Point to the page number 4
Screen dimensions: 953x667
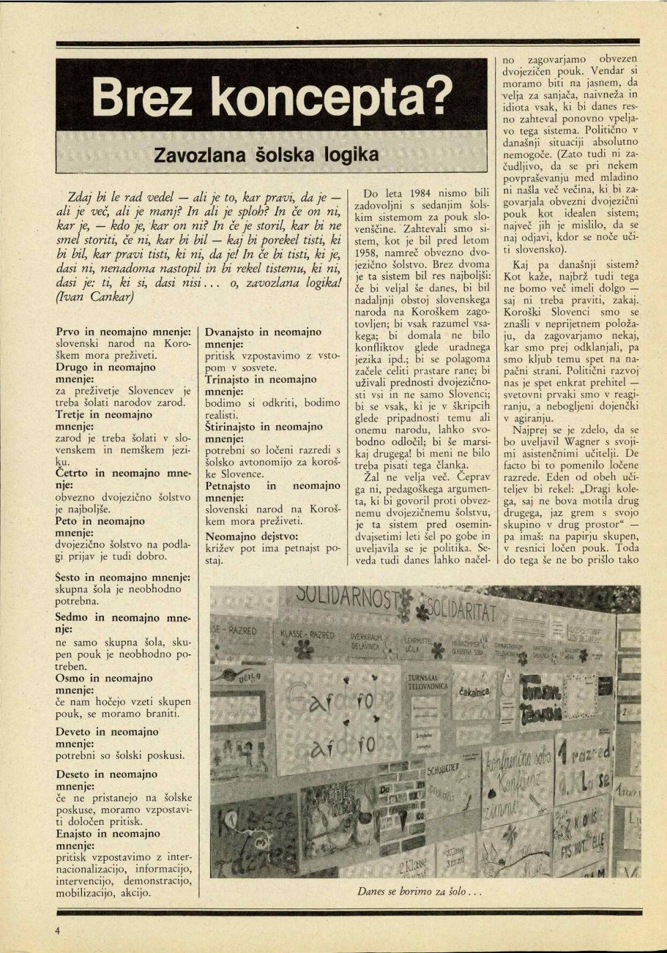[x=59, y=930]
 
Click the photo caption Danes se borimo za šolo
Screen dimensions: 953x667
[x=419, y=890]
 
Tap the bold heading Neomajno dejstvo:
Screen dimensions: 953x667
[x=251, y=536]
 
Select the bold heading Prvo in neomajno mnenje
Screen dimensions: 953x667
[x=123, y=331]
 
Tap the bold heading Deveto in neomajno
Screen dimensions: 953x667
[x=107, y=732]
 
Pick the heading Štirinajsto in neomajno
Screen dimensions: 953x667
[x=263, y=427]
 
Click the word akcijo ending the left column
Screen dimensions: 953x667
[x=134, y=892]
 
